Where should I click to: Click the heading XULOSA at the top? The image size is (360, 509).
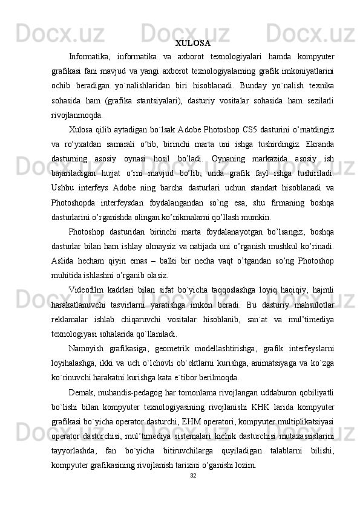coord(192,44)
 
